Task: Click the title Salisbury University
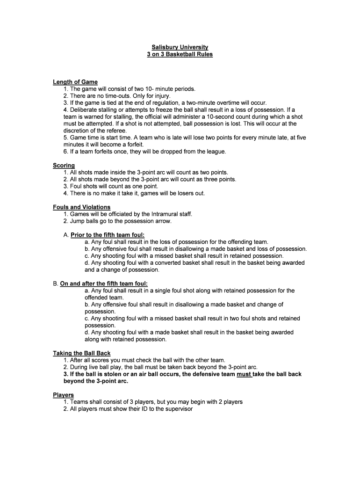pyautogui.click(x=180, y=47)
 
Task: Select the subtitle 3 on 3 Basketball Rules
pyautogui.click(x=180, y=54)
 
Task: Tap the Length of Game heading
pyautogui.click(x=75, y=82)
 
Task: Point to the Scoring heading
pyautogui.click(x=64, y=165)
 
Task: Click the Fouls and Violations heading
pyautogui.click(x=81, y=207)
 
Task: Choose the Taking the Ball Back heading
pyautogui.click(x=81, y=353)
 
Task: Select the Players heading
pyautogui.click(x=63, y=395)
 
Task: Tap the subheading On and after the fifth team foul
pyautogui.click(x=104, y=283)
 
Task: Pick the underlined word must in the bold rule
pyautogui.click(x=244, y=374)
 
